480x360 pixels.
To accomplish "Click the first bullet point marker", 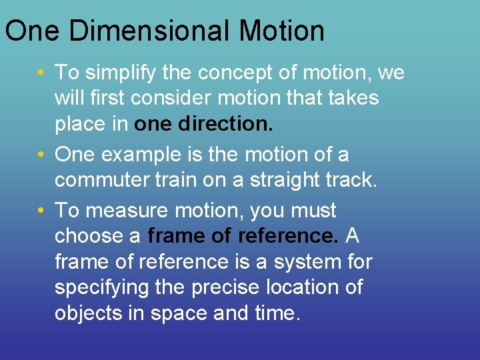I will tap(42, 73).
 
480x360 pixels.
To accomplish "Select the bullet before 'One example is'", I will tap(42, 155).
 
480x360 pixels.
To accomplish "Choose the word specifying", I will tap(99, 288).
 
